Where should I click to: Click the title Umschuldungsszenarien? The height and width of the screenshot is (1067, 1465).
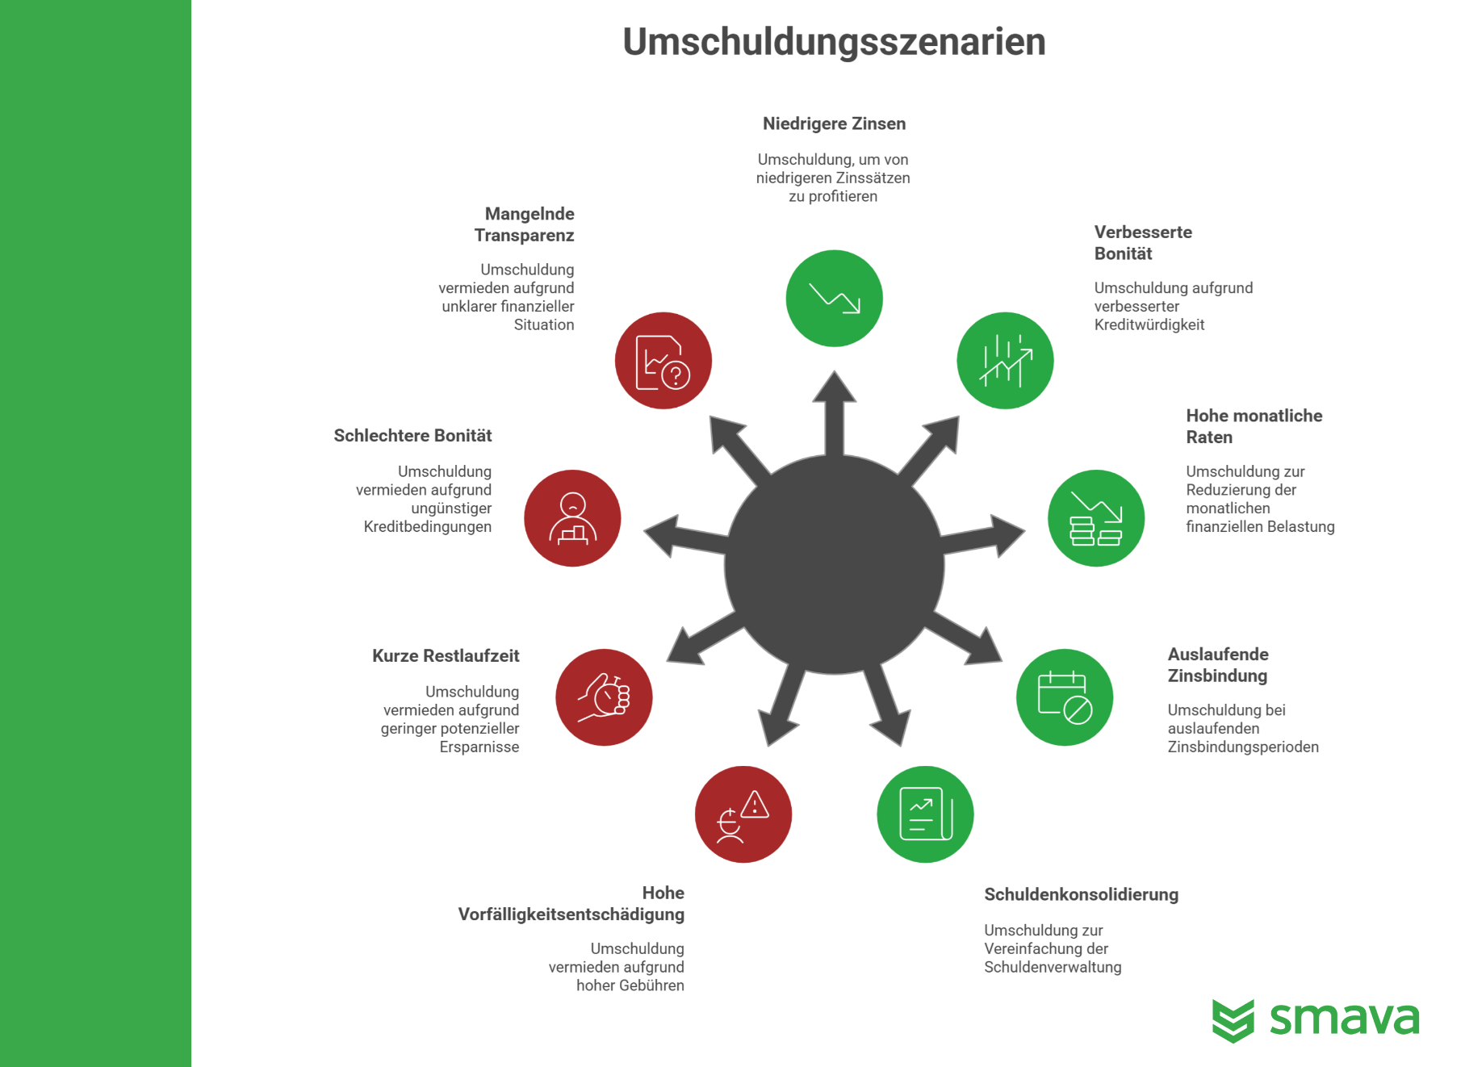[834, 41]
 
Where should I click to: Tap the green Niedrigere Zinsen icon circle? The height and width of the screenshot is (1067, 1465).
[834, 299]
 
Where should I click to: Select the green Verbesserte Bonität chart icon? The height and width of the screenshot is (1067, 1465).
[1005, 361]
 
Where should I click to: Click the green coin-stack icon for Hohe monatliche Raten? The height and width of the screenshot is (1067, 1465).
[1096, 518]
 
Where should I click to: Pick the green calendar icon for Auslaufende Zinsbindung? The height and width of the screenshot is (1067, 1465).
[1065, 697]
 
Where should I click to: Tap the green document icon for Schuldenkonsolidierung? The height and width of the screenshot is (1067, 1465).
[925, 814]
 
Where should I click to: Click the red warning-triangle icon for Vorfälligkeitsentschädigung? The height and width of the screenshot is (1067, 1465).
[743, 814]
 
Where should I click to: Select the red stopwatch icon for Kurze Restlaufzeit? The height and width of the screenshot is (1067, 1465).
[604, 697]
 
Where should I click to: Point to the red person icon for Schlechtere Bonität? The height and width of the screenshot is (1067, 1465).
[572, 518]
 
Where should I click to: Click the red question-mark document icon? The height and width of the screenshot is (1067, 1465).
[663, 361]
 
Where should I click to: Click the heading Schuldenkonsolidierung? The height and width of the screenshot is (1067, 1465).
[1081, 894]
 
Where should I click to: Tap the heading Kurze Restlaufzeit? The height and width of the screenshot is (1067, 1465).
[446, 655]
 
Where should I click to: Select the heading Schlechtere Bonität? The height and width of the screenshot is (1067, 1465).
[412, 435]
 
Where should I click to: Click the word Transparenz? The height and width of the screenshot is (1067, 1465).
[524, 236]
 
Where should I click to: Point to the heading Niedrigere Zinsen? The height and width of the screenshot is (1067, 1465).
[834, 123]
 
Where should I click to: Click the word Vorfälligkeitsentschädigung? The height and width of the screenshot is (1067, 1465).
[571, 914]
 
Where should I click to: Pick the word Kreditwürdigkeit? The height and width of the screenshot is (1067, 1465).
[1149, 324]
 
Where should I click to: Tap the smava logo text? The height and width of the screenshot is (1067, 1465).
[1344, 1019]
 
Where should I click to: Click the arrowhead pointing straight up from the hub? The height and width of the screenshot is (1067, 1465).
[834, 387]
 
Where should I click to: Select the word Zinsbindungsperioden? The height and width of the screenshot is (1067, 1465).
[1243, 747]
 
